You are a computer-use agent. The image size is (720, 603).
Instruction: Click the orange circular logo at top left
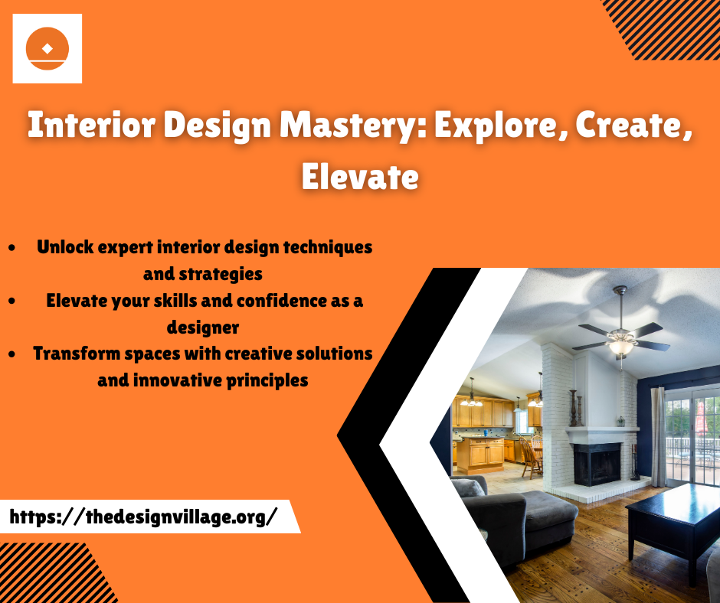coord(47,48)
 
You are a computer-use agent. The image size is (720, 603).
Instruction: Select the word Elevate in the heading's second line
coord(360,178)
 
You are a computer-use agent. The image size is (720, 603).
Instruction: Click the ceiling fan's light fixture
coord(620,346)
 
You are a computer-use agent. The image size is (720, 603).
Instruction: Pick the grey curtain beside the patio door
coord(658,436)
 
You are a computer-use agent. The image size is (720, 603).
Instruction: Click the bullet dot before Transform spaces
coord(13,354)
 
